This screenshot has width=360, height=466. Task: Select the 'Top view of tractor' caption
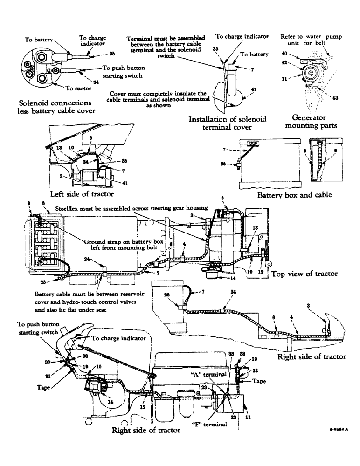point(305,274)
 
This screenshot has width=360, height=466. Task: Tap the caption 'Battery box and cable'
point(294,195)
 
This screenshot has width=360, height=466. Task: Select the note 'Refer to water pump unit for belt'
point(305,39)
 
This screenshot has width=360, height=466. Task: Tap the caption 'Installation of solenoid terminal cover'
point(227,123)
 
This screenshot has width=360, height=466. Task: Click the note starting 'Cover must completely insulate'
point(160,99)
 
